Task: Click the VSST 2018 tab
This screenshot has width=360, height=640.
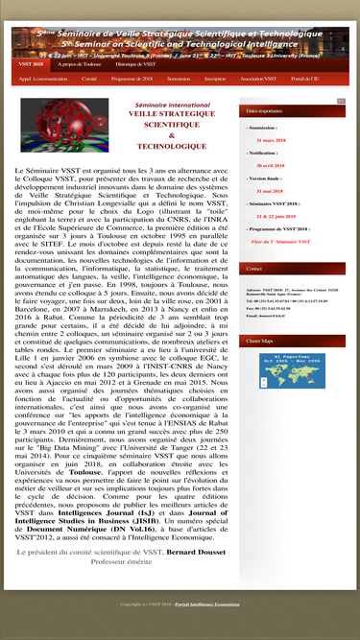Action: [30, 64]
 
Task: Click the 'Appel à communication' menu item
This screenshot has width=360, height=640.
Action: [43, 79]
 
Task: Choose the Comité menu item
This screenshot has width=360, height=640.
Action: [89, 79]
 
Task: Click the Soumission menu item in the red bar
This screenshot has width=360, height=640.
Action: [179, 79]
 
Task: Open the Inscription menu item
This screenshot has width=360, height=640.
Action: [215, 79]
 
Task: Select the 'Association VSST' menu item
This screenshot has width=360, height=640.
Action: [258, 79]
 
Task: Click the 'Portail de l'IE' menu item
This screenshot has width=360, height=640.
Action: [305, 79]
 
